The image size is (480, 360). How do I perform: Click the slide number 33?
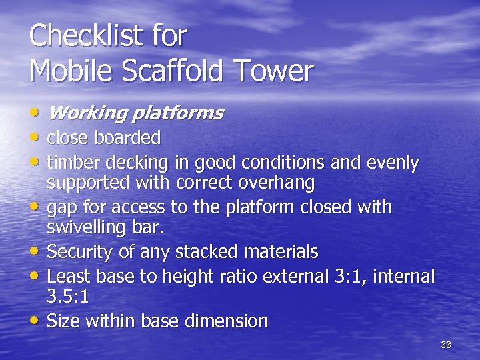click(x=446, y=345)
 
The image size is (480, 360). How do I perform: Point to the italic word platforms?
click(x=178, y=113)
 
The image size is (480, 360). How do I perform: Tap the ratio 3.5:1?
click(x=68, y=295)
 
